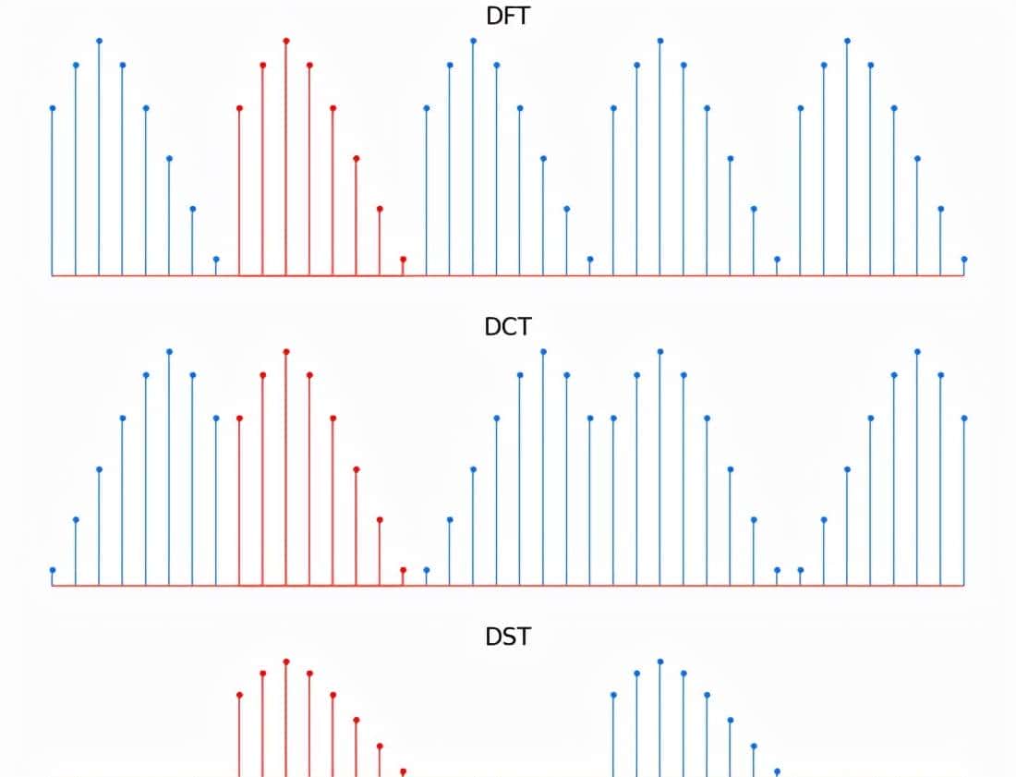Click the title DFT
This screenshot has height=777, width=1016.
click(508, 16)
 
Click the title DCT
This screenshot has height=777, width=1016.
click(508, 326)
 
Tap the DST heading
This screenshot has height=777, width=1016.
click(508, 637)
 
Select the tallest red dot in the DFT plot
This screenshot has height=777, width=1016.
click(286, 41)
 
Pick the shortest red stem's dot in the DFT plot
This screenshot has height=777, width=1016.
click(403, 259)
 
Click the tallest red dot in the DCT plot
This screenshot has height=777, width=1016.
click(286, 351)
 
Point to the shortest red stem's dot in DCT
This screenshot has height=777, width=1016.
click(403, 569)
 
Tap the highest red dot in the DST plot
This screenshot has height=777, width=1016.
click(286, 662)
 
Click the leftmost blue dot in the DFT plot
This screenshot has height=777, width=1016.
click(53, 108)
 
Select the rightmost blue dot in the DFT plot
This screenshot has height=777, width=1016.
click(964, 259)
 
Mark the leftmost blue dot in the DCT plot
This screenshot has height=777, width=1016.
click(53, 570)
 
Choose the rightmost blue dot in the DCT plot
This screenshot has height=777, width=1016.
click(964, 418)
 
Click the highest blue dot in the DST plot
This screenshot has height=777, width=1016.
click(660, 662)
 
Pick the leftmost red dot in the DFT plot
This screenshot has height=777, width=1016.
click(240, 108)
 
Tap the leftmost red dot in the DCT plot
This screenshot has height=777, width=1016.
click(240, 418)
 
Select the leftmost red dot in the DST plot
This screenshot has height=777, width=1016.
click(240, 695)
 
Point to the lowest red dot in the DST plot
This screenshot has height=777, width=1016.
click(403, 771)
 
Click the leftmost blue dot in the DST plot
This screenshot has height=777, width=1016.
click(614, 695)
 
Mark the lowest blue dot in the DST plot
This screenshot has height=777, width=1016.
click(777, 771)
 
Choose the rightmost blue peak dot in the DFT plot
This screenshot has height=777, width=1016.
click(847, 41)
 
